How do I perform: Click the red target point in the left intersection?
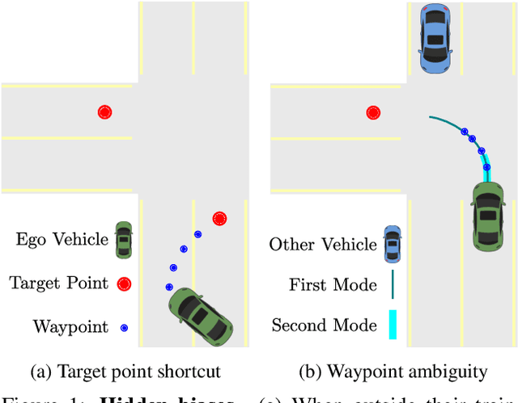[x=104, y=112]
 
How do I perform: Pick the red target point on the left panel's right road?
[x=219, y=218]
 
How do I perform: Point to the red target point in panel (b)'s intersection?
[x=372, y=113]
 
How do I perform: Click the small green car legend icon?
[x=123, y=240]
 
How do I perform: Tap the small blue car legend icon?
[x=393, y=243]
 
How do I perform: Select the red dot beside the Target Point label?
[x=124, y=283]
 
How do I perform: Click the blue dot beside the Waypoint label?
[x=124, y=327]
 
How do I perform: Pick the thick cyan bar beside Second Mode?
[x=393, y=325]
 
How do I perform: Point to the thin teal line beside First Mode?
[x=393, y=284]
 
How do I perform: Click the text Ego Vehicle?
[x=62, y=240]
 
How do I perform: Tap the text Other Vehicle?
[x=323, y=244]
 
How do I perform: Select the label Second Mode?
[x=324, y=325]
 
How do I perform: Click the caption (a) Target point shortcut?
[x=125, y=372]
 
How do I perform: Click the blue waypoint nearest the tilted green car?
[x=169, y=287]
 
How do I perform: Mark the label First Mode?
[x=333, y=284]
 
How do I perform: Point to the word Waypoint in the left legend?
[x=70, y=327]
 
